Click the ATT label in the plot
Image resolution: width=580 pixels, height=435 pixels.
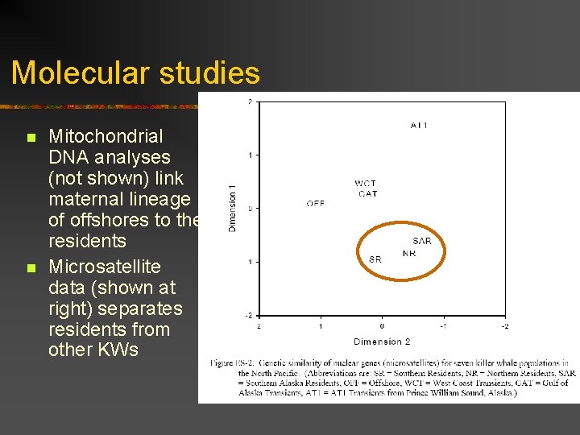(x=419, y=125)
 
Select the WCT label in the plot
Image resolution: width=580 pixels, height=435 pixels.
(x=366, y=184)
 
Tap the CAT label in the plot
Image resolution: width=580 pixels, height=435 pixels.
(x=367, y=193)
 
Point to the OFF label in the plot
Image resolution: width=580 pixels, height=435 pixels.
(x=316, y=204)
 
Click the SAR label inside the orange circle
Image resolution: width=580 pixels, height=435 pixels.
(x=422, y=241)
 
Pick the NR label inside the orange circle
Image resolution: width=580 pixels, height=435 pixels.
(x=409, y=253)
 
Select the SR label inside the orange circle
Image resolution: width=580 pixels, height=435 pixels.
(x=375, y=259)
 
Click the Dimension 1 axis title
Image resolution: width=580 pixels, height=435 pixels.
(x=233, y=209)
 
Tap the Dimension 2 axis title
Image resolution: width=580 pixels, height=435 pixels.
(x=382, y=342)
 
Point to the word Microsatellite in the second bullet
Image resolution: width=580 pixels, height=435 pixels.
(x=105, y=267)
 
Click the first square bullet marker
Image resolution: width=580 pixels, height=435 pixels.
(x=30, y=138)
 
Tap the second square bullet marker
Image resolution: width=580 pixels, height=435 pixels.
(x=30, y=268)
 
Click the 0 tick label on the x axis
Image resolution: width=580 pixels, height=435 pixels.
(x=382, y=326)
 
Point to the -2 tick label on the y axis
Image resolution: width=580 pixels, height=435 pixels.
(x=249, y=315)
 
